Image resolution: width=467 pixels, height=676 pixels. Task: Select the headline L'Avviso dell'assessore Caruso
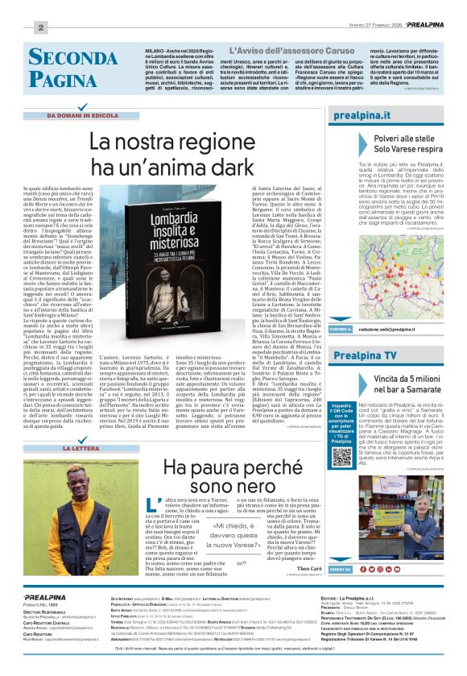(x=251, y=50)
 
